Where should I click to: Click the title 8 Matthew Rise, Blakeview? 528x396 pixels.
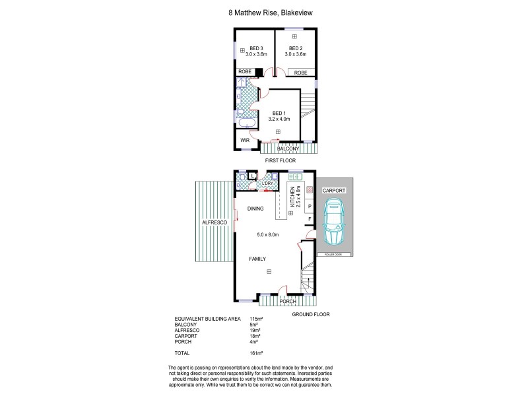tap(264, 11)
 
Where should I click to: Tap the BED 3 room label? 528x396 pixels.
tap(257, 48)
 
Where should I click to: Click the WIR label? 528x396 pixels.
tap(245, 141)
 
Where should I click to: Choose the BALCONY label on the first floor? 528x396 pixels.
tap(288, 149)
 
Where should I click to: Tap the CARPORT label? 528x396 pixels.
tap(334, 190)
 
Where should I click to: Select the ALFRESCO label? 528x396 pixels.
tap(214, 223)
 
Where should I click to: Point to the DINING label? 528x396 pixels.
tap(255, 209)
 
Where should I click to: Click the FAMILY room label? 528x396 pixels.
tap(257, 259)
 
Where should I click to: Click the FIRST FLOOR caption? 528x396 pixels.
tap(280, 160)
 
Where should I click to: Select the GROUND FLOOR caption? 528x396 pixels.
tap(311, 315)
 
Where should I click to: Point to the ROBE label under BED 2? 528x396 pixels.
tap(300, 73)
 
